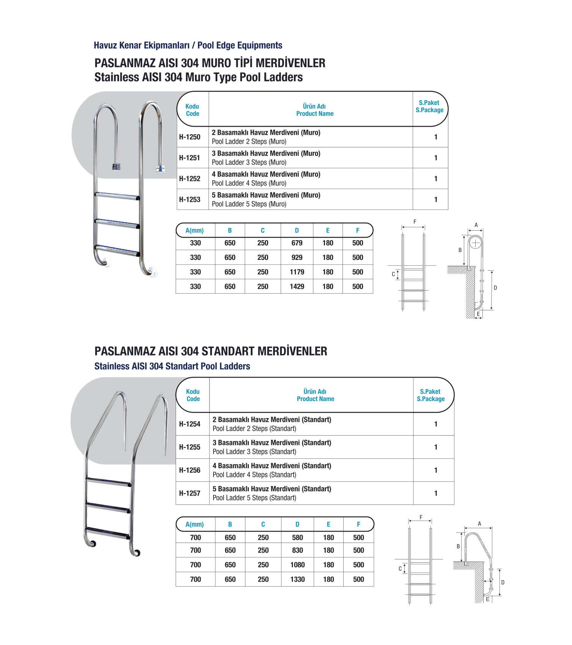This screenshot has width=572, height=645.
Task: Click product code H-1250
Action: [190, 137]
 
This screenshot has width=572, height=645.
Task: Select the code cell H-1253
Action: [190, 200]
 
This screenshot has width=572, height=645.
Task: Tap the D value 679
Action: [297, 243]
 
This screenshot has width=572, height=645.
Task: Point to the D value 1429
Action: [297, 286]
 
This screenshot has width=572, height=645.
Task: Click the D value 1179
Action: [297, 272]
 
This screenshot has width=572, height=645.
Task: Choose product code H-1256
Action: [190, 470]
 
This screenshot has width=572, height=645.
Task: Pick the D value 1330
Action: [298, 579]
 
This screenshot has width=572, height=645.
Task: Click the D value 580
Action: [298, 538]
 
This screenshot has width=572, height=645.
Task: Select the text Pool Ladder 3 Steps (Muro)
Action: [249, 162]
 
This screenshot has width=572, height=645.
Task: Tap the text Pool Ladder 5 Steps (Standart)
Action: [255, 498]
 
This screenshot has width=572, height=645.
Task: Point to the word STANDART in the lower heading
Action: [228, 351]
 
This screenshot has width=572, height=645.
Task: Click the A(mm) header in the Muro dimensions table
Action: [195, 231]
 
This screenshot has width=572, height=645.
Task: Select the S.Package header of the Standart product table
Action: [431, 399]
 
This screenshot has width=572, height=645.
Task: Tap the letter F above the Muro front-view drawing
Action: [415, 222]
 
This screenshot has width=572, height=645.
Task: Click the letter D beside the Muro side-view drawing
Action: [495, 288]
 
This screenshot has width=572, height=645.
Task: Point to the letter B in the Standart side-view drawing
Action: [458, 547]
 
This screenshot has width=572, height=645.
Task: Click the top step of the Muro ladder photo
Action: [117, 196]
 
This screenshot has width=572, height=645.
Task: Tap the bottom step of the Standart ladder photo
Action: [108, 533]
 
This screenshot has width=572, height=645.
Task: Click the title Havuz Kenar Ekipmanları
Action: [141, 46]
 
